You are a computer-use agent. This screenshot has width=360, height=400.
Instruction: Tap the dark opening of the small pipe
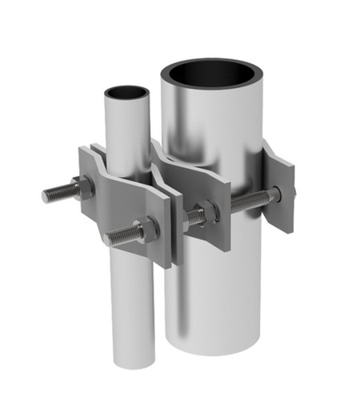(126, 91)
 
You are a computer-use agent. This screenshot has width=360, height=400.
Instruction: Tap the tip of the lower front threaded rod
(106, 238)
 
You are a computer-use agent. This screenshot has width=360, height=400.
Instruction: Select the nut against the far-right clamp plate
(274, 194)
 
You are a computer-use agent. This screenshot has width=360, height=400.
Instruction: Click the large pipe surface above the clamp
(212, 120)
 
